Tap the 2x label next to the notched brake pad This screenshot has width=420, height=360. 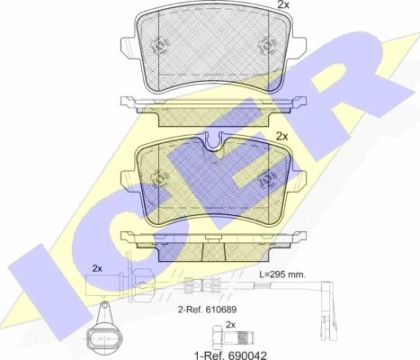point(281,137)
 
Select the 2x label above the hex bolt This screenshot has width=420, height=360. point(230,325)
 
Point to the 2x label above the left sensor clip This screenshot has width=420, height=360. point(96,268)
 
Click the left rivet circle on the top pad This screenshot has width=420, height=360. point(160,43)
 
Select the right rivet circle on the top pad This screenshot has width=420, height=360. point(265,43)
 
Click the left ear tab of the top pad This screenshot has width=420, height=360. point(127,40)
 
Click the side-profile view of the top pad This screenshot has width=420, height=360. point(212,109)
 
